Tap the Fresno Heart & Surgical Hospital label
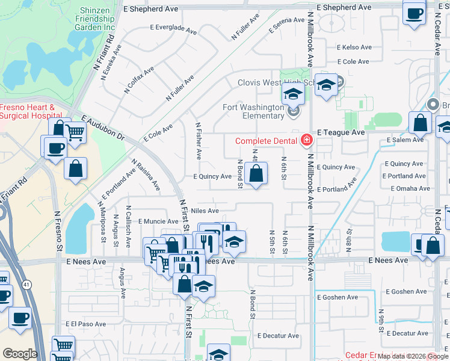coord(27,113)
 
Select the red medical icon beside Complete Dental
coord(307,141)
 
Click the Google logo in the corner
coord(19,354)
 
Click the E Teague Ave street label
coord(341,132)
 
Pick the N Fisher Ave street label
coord(199,141)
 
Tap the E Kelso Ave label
coord(353,47)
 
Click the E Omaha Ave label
coord(410,188)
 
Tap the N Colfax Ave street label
coord(139,80)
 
